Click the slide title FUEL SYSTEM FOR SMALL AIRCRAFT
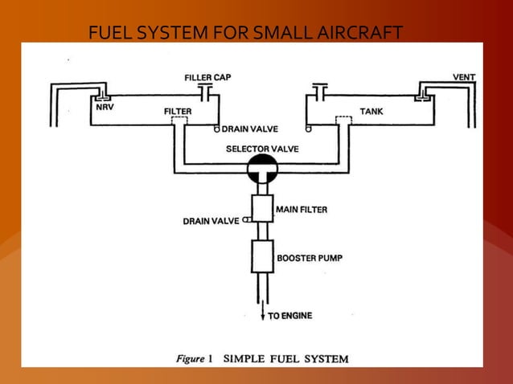point(245,33)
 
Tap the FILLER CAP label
point(208,77)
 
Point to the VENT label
point(464,77)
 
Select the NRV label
point(105,106)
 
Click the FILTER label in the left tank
point(178,111)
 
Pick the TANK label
point(371,111)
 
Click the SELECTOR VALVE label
point(262,149)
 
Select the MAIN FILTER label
point(302,210)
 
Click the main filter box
point(263,208)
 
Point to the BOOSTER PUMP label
point(310,259)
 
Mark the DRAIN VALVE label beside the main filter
point(211,220)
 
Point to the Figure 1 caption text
point(262,359)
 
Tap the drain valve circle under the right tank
point(308,128)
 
